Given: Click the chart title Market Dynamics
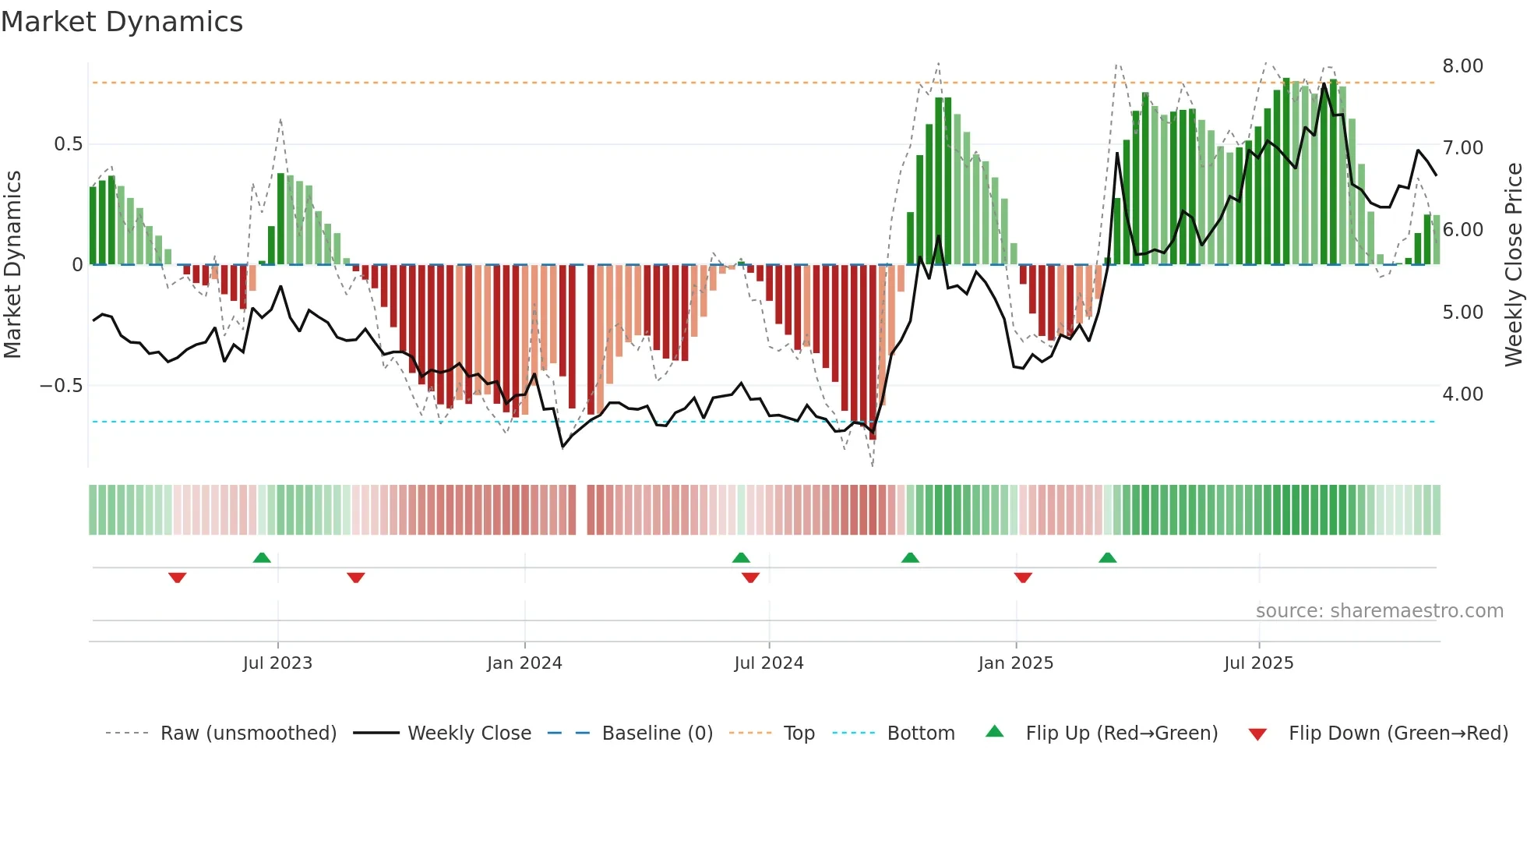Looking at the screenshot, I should click(122, 22).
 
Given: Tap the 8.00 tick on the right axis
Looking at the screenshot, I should click(1462, 66).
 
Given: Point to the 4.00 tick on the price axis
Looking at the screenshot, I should click(1462, 394).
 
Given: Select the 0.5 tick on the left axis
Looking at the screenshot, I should click(68, 144).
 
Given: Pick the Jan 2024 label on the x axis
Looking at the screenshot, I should click(524, 663).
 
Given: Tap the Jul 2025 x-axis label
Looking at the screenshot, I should click(1258, 663).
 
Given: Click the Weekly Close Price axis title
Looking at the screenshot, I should click(1513, 264).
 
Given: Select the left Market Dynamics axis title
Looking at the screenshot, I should click(12, 264).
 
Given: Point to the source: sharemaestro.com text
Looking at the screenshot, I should click(1379, 611).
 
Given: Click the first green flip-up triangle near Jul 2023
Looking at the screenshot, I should click(262, 558).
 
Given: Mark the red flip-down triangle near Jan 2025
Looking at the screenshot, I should click(1023, 578).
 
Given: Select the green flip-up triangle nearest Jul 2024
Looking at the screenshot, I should click(741, 558).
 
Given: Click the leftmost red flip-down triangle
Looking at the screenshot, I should click(178, 578).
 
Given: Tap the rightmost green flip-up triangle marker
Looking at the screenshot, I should click(1107, 558).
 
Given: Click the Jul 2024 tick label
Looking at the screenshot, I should click(768, 663).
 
